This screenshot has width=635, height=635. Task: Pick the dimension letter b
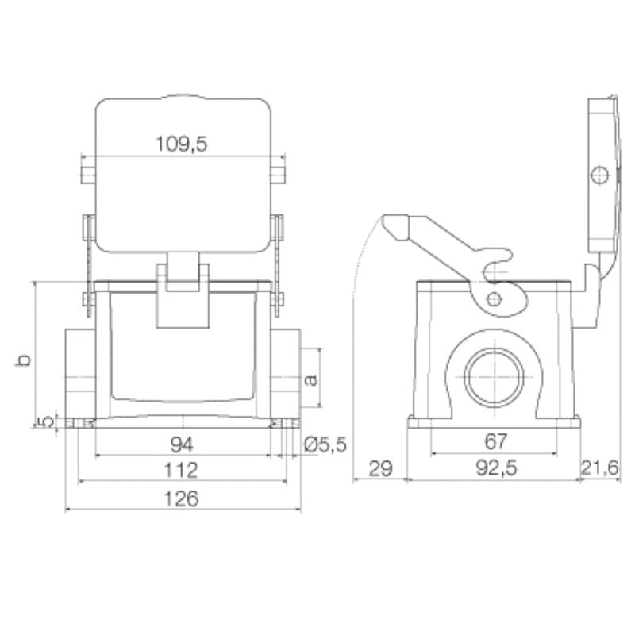pos(25,359)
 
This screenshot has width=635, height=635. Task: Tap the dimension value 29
pos(380,470)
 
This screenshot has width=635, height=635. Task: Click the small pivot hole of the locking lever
pos(495,298)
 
